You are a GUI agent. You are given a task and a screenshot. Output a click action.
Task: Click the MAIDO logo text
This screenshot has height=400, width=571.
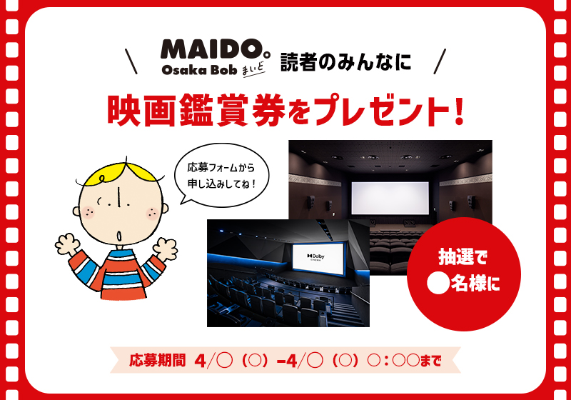point(208,49)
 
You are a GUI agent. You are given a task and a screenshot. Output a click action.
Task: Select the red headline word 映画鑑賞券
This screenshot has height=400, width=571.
point(184,109)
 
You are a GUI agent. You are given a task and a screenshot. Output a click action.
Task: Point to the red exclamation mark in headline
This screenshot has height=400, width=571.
point(459,109)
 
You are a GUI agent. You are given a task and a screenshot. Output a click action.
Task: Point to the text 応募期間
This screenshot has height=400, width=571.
point(157,359)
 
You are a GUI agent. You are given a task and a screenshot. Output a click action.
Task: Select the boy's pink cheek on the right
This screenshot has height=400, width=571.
point(151,211)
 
